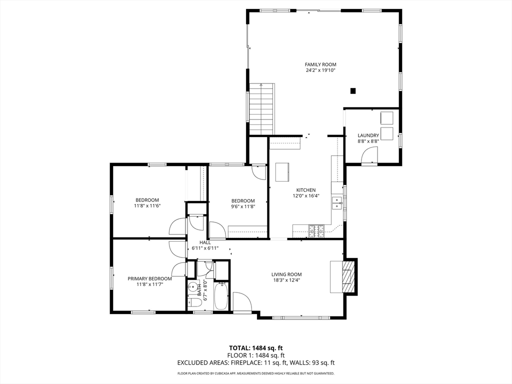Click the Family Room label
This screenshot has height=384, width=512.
320,64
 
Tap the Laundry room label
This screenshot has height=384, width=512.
368,135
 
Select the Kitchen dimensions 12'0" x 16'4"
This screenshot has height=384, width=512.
306,196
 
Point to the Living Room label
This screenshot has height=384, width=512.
286,274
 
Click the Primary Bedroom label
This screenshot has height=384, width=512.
149,279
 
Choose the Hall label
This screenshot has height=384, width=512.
205,242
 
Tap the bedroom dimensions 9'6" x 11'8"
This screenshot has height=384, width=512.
243,206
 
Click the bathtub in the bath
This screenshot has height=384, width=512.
221,296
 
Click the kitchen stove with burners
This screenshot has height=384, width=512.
316,231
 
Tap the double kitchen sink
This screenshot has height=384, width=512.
336,203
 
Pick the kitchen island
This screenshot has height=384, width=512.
282,172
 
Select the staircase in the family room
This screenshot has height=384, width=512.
262,108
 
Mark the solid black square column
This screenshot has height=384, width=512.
352,91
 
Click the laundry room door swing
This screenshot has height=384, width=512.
369,154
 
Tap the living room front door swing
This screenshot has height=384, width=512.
242,301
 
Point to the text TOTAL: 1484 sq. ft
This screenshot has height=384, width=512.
255,348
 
